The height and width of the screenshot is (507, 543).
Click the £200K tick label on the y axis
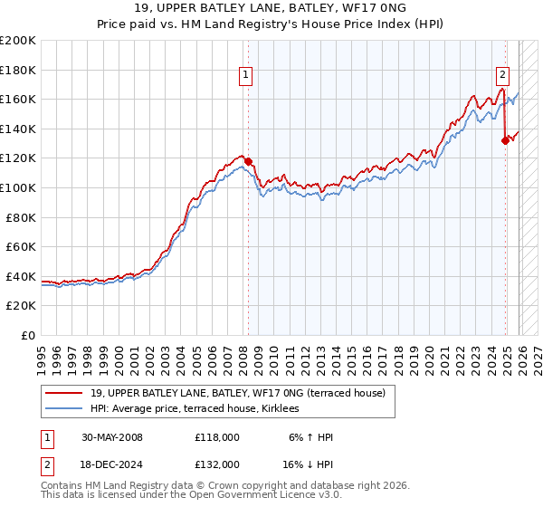coord(18,41)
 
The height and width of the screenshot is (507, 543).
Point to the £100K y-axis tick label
coord(18,187)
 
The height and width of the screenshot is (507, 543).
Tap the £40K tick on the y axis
coord(21,276)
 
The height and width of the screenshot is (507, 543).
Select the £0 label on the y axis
coord(29,335)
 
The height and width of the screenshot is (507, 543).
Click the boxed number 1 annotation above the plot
coord(246,76)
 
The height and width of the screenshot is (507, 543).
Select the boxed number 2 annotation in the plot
coord(501,76)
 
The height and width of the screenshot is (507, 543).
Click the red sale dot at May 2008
coord(249,162)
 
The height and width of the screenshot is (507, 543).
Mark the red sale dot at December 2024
coord(505,140)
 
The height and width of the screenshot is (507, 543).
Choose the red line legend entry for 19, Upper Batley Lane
coord(237,393)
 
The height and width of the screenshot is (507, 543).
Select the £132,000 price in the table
coord(217,464)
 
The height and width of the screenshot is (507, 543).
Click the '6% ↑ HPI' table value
coord(310,437)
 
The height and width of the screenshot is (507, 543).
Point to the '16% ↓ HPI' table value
coord(308,464)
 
